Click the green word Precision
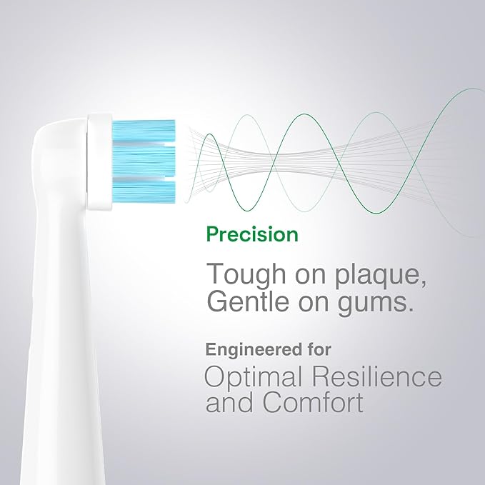pyautogui.click(x=251, y=234)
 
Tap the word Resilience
pyautogui.click(x=379, y=377)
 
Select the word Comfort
pyautogui.click(x=314, y=403)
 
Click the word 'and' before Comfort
pyautogui.click(x=229, y=403)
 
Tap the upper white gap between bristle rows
pyautogui.click(x=144, y=144)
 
